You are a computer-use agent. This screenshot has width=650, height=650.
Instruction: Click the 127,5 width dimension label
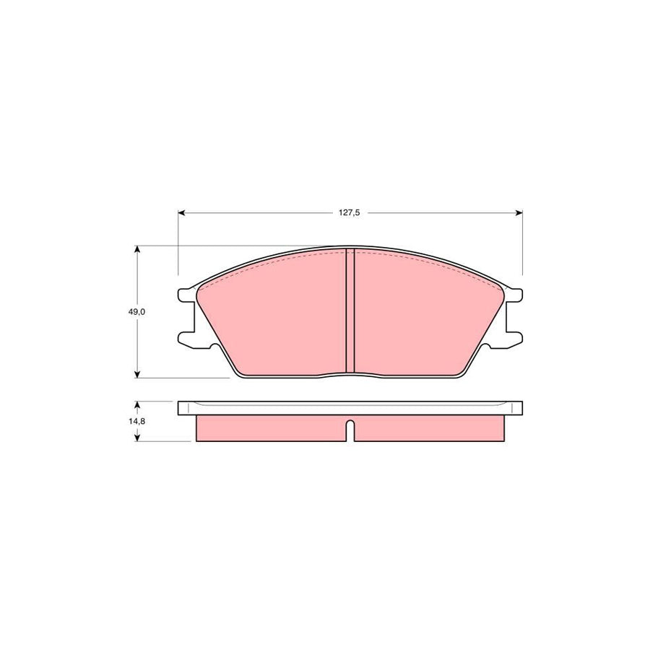pyautogui.click(x=350, y=213)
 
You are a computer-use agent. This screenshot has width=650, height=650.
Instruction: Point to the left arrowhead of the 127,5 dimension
pyautogui.click(x=181, y=213)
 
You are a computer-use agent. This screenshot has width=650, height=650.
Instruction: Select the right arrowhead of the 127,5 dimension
pyautogui.click(x=518, y=213)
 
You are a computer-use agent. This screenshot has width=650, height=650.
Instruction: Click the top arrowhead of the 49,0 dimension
pyautogui.click(x=137, y=249)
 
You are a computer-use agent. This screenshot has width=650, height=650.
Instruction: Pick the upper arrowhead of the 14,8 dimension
pyautogui.click(x=137, y=405)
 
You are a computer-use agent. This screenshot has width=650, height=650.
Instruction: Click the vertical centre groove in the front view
pyautogui.click(x=350, y=311)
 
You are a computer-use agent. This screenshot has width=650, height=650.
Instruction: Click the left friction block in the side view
pyautogui.click(x=271, y=428)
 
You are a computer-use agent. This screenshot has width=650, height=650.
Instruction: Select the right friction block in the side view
pyautogui.click(x=429, y=428)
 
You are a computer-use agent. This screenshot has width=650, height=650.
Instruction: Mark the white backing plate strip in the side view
pyautogui.click(x=350, y=407)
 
